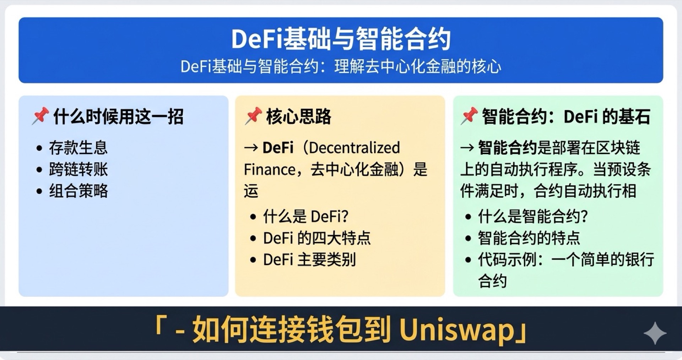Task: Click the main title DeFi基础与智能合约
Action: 341,39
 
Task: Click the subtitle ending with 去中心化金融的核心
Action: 341,66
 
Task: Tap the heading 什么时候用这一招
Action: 118,117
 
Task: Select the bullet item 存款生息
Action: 78,148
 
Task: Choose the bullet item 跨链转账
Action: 78,169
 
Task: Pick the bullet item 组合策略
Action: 78,191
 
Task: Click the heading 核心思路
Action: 298,117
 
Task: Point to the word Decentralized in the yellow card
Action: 354,148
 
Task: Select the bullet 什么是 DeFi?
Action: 305,216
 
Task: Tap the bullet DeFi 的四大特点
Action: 316,238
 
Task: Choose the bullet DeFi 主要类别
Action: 309,260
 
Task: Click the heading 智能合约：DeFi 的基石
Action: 566,117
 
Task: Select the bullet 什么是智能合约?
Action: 533,216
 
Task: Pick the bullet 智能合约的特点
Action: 529,238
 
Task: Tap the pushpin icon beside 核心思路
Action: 253,116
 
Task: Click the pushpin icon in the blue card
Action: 40,116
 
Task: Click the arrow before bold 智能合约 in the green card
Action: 467,148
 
